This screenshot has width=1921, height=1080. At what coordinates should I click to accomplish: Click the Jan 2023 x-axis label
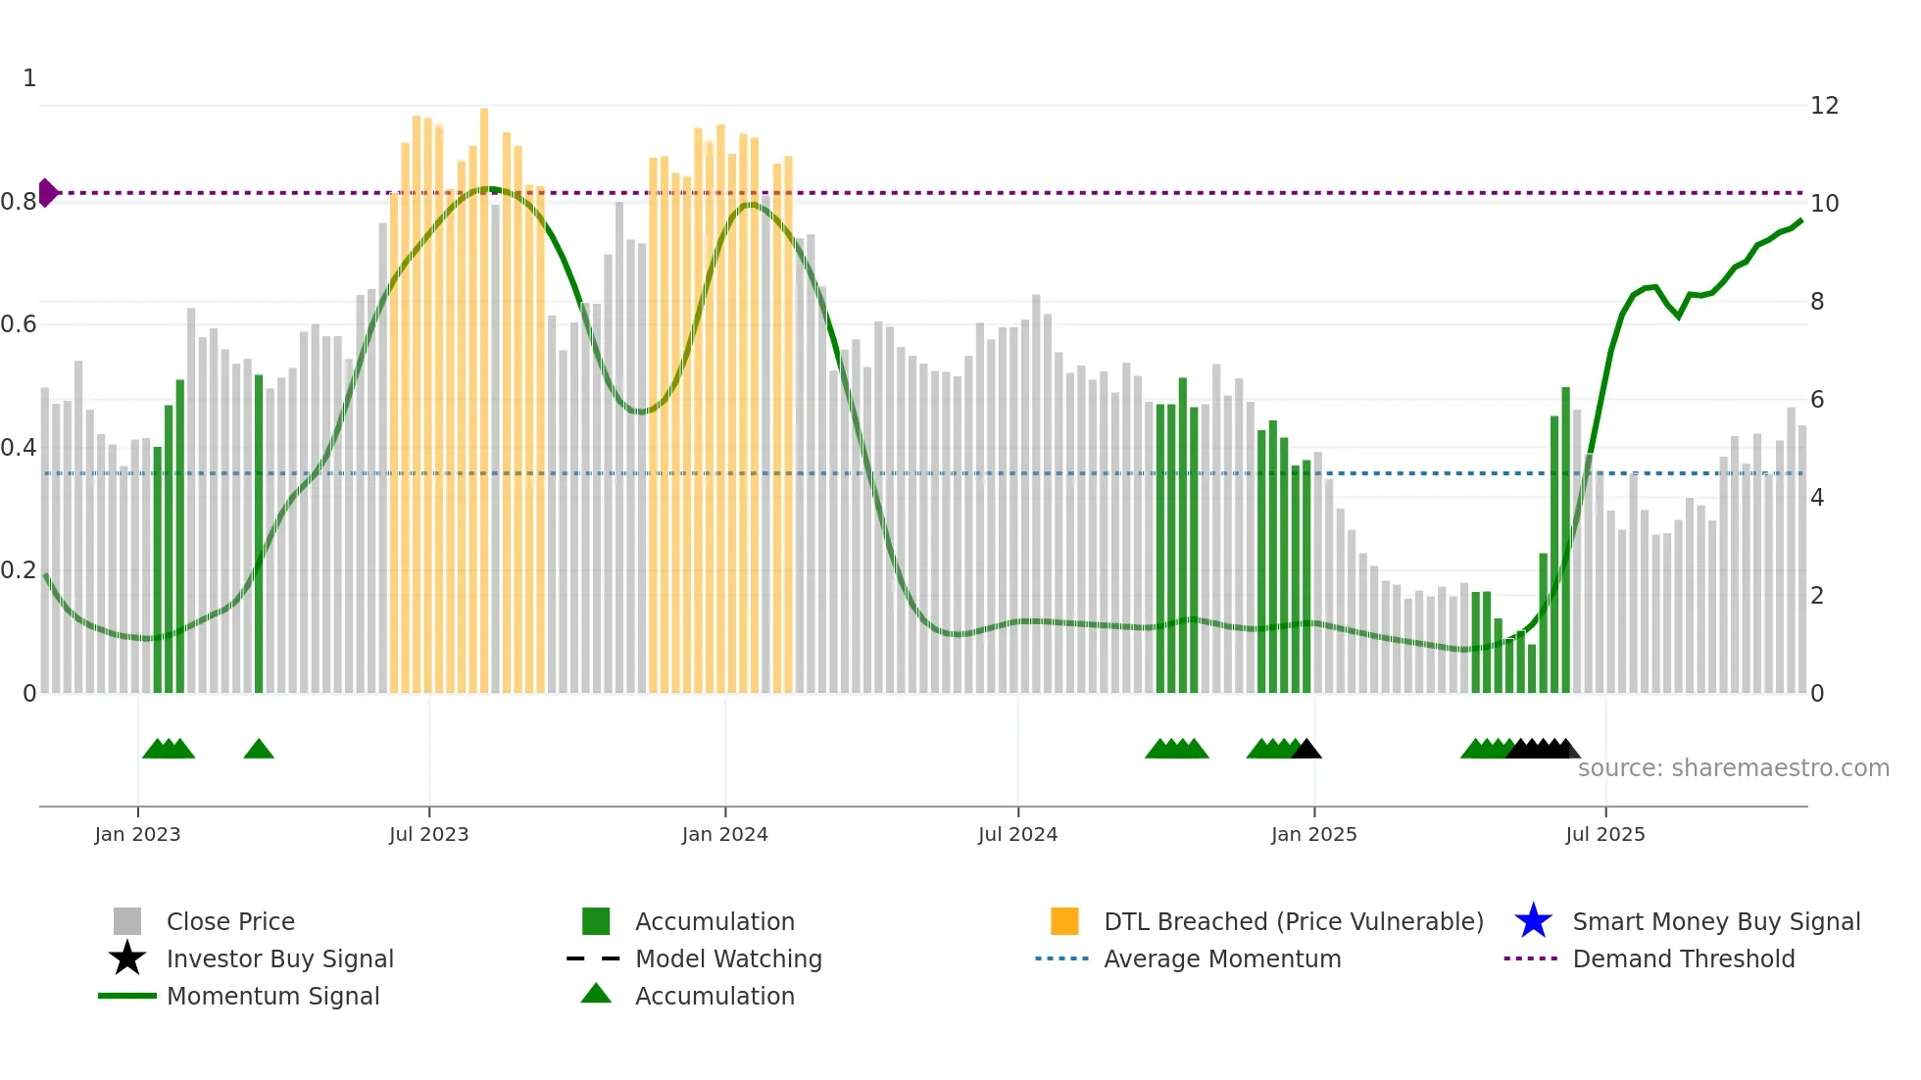click(x=137, y=834)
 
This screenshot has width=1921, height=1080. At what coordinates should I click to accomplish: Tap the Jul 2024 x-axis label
click(x=1017, y=834)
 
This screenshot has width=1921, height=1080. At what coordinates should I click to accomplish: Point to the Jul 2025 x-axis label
click(x=1604, y=834)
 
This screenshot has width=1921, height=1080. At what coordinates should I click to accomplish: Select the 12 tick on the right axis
click(x=1824, y=106)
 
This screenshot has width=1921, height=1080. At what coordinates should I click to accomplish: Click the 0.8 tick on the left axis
click(x=19, y=202)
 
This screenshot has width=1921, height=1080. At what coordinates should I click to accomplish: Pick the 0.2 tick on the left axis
click(x=19, y=570)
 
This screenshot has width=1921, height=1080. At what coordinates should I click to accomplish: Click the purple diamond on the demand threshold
click(x=47, y=193)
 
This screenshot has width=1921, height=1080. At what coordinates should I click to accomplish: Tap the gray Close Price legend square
click(x=127, y=921)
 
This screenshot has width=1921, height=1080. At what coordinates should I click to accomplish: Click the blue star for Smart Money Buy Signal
click(x=1533, y=921)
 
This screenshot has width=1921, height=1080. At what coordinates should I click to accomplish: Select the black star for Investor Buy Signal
click(x=127, y=958)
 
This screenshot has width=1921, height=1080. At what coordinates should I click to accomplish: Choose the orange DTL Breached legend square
click(x=1064, y=921)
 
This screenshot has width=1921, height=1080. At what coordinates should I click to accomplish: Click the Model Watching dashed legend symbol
click(x=594, y=958)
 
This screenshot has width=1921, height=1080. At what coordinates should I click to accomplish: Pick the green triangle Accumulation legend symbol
click(x=596, y=995)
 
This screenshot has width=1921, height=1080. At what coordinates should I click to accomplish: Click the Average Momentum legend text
click(x=1222, y=958)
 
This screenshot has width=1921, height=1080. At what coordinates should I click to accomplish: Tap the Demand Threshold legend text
click(x=1683, y=958)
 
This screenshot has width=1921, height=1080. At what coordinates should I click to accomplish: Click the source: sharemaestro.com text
click(x=1733, y=768)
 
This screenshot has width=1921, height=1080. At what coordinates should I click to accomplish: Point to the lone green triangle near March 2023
click(x=259, y=750)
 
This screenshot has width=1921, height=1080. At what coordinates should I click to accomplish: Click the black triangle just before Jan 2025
click(x=1306, y=750)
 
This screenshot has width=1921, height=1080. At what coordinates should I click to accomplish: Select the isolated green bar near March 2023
click(x=259, y=534)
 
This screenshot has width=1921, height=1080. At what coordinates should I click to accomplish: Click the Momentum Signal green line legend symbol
click(x=127, y=996)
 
